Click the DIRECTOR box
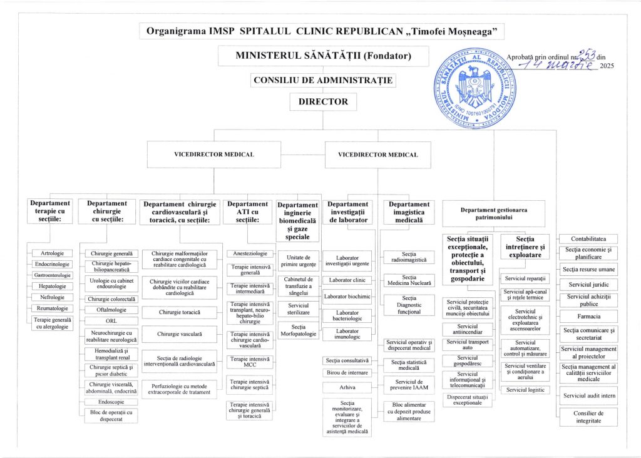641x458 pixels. [x=323, y=102]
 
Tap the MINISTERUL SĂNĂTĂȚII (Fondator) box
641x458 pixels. [x=323, y=56]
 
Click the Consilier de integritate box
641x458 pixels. [x=588, y=417]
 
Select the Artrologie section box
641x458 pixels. [x=52, y=253]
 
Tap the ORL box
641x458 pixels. [x=111, y=321]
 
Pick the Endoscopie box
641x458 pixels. [x=111, y=403]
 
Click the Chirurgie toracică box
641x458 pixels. [x=179, y=312]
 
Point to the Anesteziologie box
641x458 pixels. [x=250, y=253]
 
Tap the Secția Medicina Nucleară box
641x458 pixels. [x=409, y=280]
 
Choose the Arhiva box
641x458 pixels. [x=347, y=387]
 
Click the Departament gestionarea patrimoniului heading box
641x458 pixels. [x=495, y=213]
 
